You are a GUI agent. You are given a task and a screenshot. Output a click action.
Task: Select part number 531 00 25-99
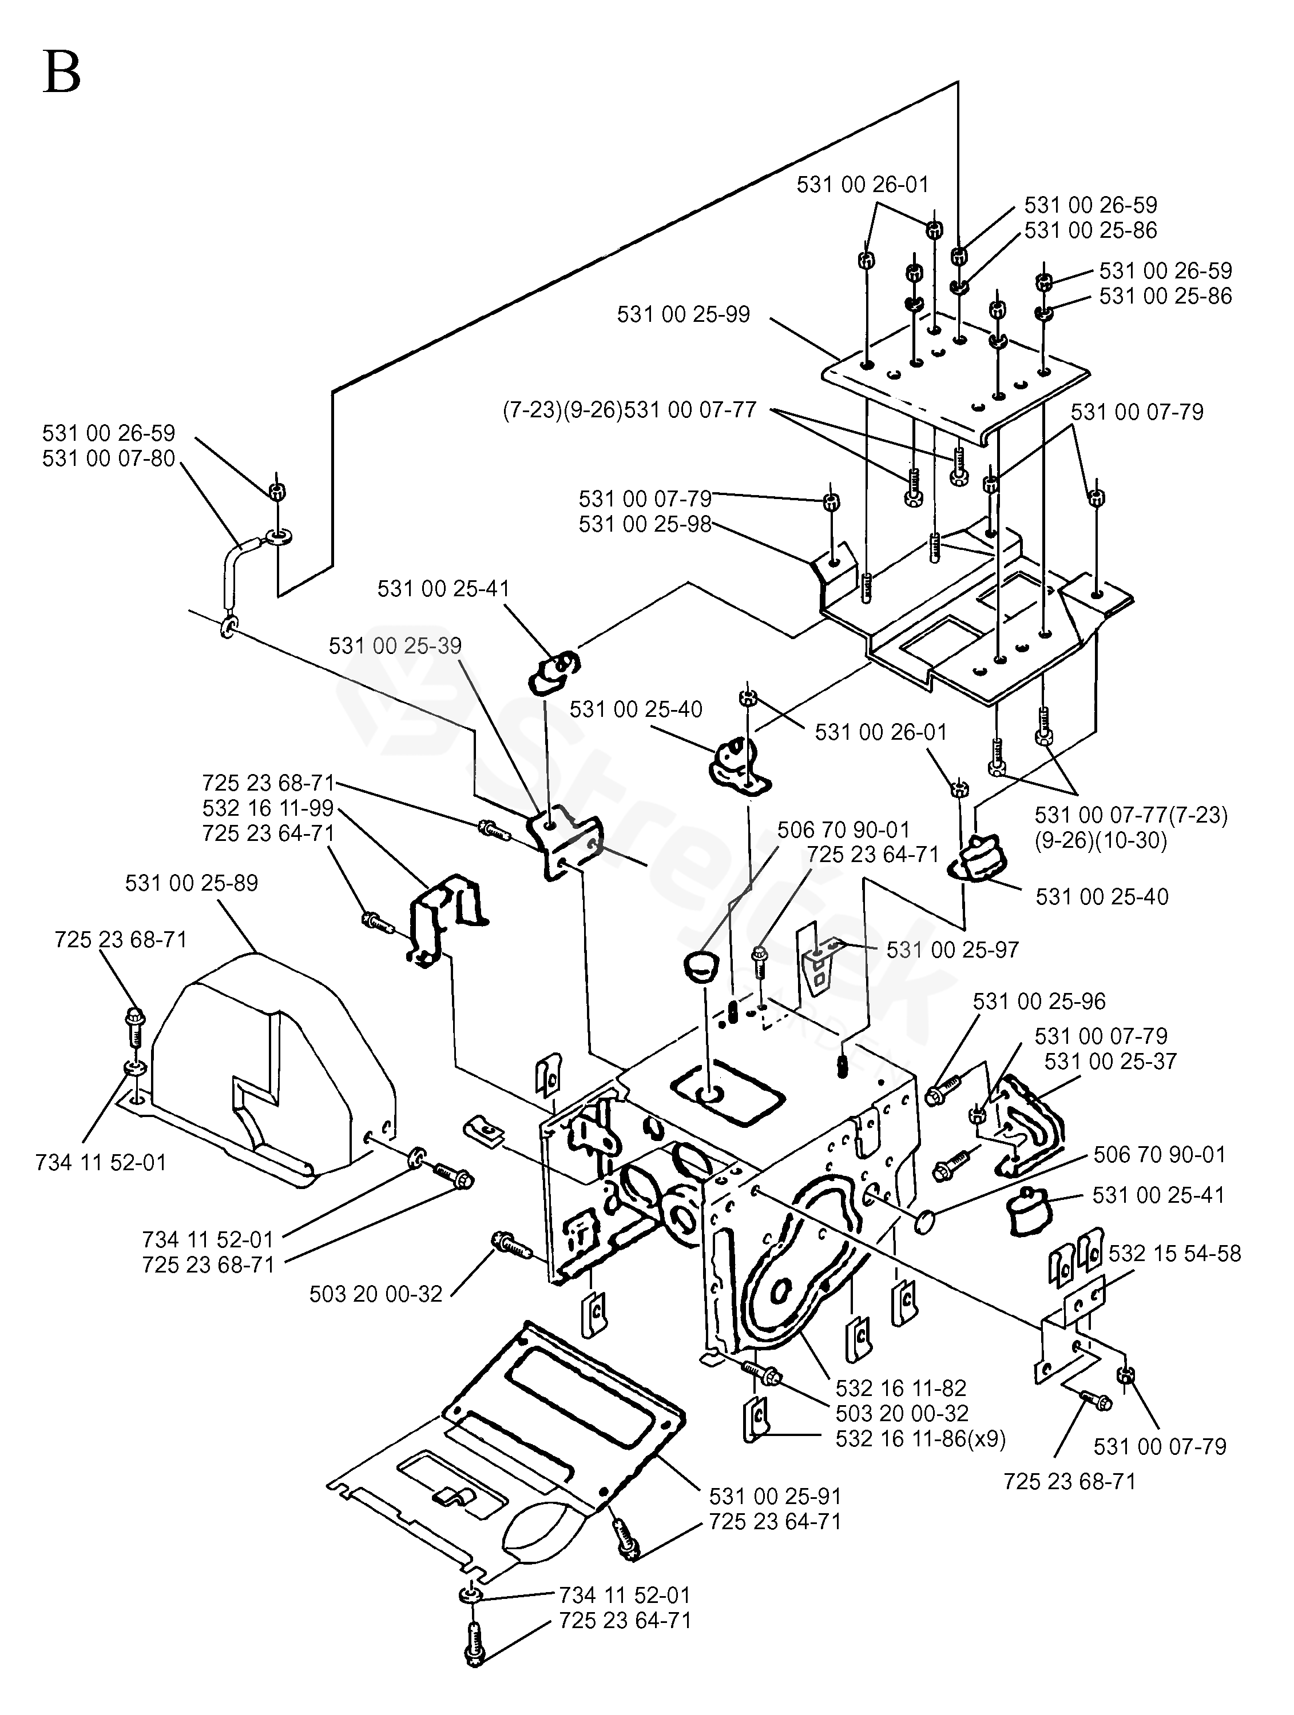684,315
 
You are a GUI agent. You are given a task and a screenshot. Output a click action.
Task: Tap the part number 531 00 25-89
192,883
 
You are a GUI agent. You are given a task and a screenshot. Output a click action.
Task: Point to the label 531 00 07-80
109,459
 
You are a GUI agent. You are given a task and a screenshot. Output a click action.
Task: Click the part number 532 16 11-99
268,809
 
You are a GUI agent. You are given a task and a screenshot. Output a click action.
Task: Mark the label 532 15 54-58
1174,1254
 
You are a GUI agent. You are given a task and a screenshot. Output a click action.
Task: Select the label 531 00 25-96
1039,1001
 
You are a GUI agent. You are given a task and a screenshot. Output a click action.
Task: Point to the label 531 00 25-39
395,646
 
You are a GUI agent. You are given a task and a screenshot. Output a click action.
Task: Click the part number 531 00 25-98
645,524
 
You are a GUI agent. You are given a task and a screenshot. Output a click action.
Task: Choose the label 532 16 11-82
902,1388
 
